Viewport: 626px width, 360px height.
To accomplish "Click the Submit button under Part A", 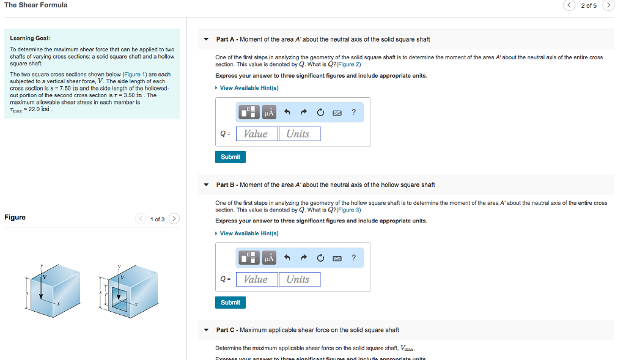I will click(230, 157).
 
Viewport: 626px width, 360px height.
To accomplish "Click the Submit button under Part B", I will click(230, 303).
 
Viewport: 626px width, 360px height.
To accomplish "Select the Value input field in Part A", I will click(256, 134).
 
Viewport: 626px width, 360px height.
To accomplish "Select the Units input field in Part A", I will click(300, 134).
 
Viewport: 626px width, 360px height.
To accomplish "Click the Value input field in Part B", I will click(256, 279).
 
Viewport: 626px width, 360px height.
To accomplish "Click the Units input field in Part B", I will click(300, 279).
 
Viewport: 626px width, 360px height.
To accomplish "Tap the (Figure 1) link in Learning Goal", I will click(136, 75).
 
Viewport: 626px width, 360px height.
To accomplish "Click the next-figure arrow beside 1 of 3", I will click(174, 219).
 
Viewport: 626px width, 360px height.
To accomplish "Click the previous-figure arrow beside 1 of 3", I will click(141, 219).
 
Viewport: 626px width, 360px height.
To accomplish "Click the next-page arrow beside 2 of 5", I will click(608, 6).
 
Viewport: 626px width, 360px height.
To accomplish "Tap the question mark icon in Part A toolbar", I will click(354, 112).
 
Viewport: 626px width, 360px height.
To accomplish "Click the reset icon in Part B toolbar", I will click(320, 258).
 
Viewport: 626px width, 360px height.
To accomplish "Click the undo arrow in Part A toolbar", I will click(286, 112).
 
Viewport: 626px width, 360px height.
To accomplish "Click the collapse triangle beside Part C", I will click(206, 330).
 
